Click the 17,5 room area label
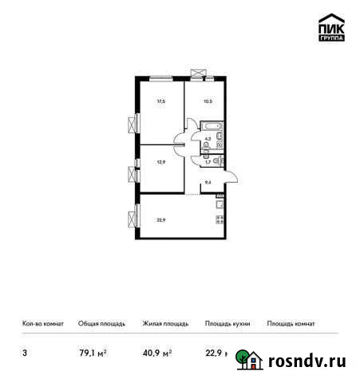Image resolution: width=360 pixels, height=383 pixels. click(x=160, y=101)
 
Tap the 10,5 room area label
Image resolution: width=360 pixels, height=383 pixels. click(x=207, y=101)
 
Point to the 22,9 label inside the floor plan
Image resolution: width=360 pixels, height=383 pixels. click(x=162, y=219)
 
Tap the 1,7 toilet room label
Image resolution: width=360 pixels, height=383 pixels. click(x=208, y=162)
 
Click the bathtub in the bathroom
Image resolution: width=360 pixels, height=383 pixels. click(x=212, y=126)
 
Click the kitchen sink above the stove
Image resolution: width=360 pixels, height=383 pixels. click(x=218, y=207)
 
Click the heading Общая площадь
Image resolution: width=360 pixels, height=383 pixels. click(x=101, y=323)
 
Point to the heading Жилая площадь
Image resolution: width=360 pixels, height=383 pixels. click(x=165, y=323)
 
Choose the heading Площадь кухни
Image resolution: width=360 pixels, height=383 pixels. click(x=227, y=323)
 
